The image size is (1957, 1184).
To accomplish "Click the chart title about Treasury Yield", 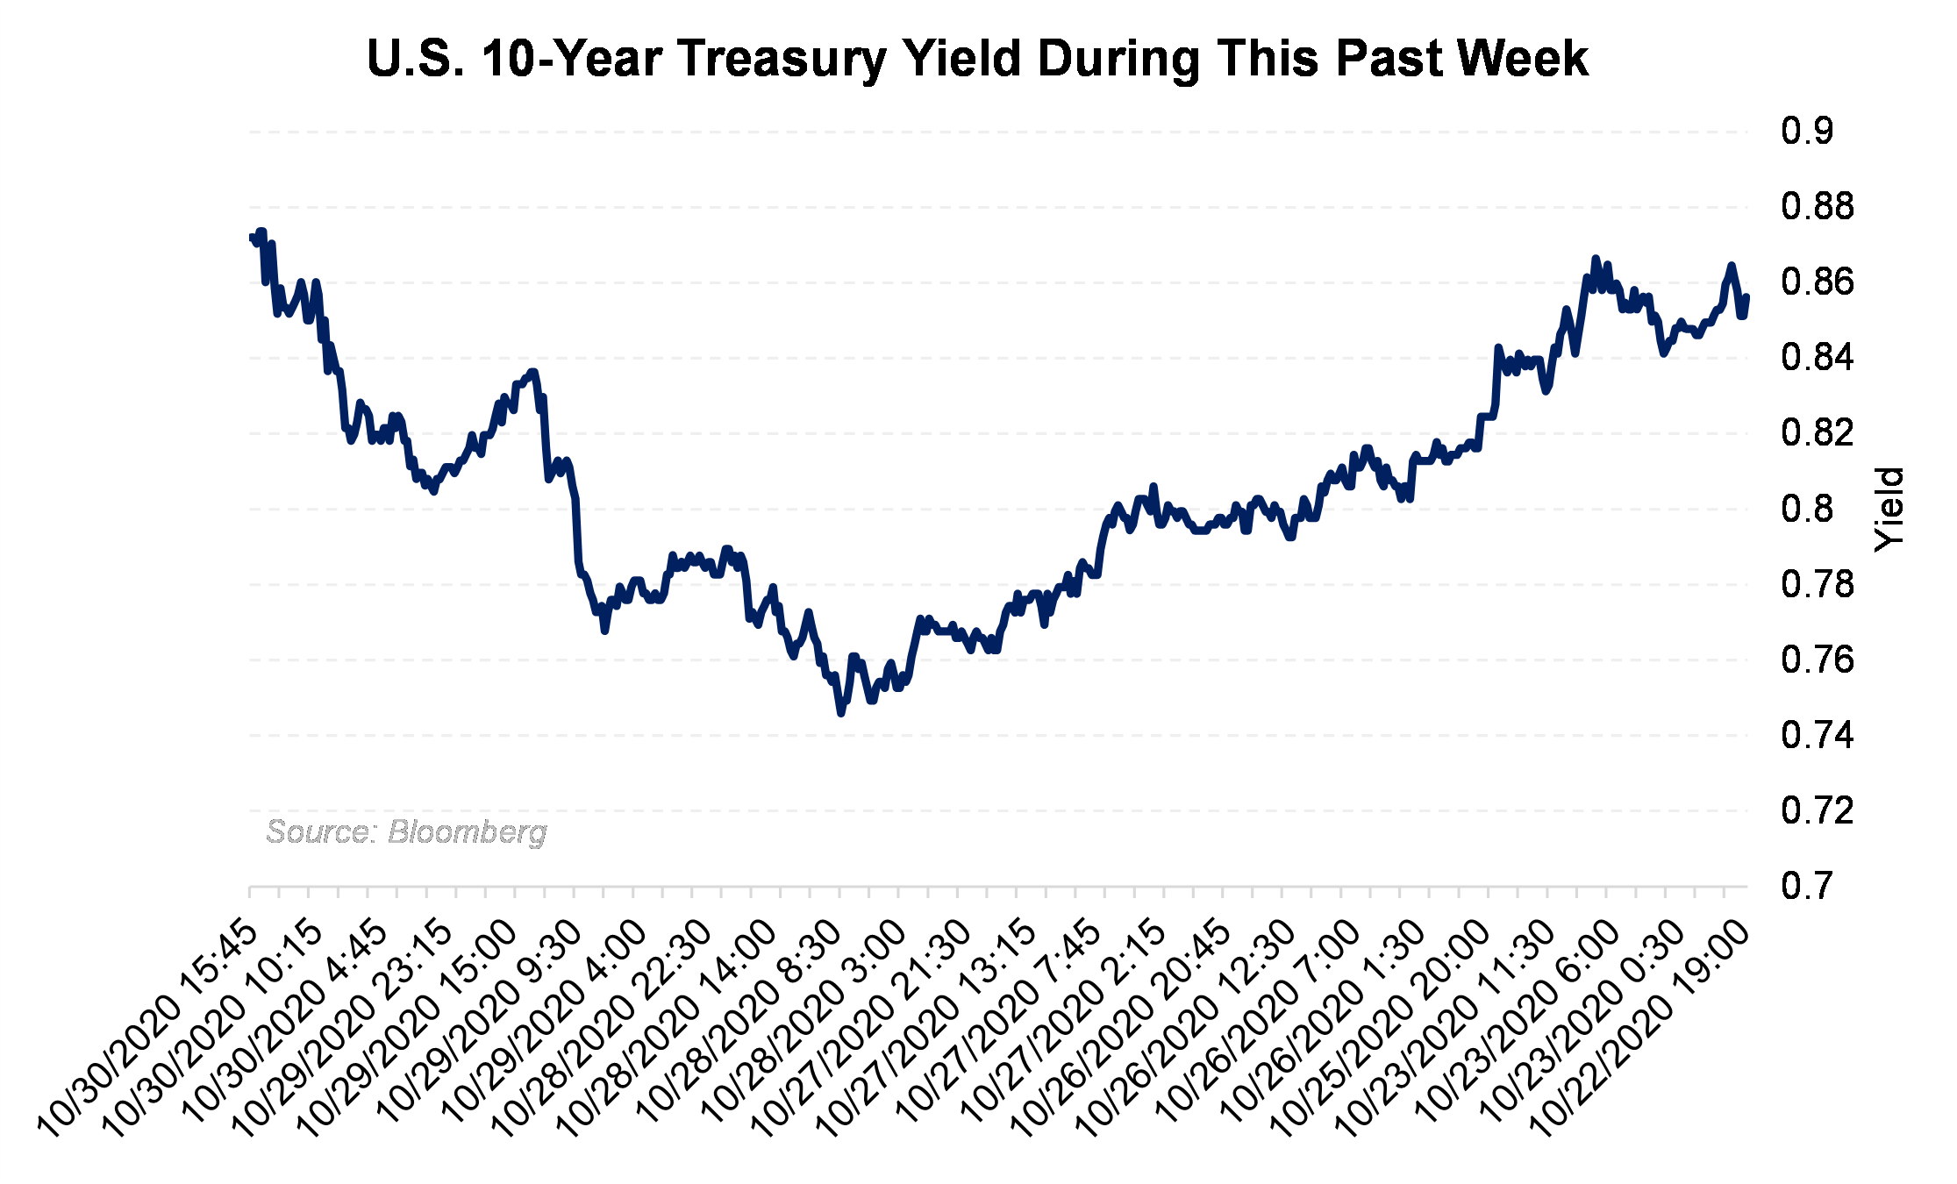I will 977,59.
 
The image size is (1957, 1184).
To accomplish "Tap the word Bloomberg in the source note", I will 468,831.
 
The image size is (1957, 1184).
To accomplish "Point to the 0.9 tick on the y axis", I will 1806,132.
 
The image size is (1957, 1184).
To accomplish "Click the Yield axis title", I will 1889,510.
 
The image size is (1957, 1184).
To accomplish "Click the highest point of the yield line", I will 261,232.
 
